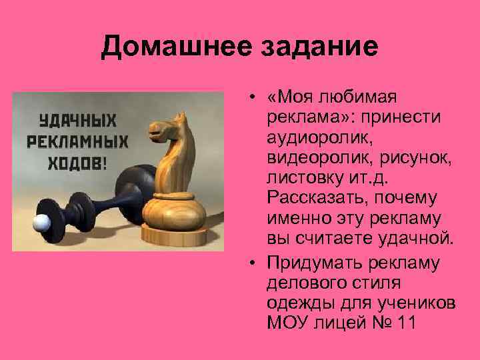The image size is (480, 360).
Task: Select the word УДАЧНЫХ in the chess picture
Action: pyautogui.click(x=77, y=122)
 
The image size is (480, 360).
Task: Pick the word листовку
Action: pyautogui.click(x=300, y=177)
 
